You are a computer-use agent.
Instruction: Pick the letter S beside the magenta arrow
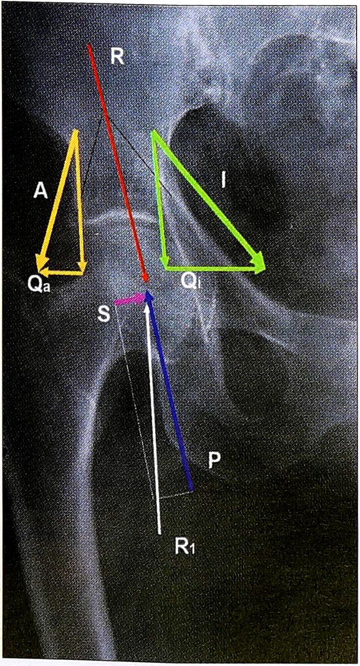tap(104, 314)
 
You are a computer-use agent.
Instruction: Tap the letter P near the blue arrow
tap(214, 461)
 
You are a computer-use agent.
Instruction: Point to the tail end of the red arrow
tap(89, 45)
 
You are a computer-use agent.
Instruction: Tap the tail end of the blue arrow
tap(192, 490)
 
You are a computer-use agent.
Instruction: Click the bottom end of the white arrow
tap(160, 534)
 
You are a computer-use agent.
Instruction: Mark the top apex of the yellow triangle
tap(77, 130)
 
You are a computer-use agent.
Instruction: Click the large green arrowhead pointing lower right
tap(258, 261)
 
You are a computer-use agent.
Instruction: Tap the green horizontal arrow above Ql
tap(212, 268)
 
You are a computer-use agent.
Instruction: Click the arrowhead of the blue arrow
tap(149, 297)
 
